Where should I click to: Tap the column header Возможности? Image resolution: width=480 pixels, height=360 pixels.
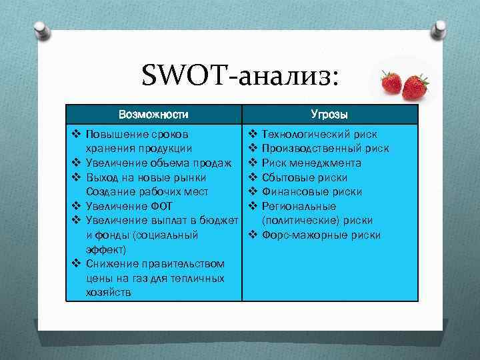[153, 114]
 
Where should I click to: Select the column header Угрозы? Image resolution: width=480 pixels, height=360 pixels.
[329, 114]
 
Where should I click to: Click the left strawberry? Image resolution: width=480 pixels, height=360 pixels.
[391, 83]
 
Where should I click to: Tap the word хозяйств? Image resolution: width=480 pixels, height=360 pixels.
[109, 293]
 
